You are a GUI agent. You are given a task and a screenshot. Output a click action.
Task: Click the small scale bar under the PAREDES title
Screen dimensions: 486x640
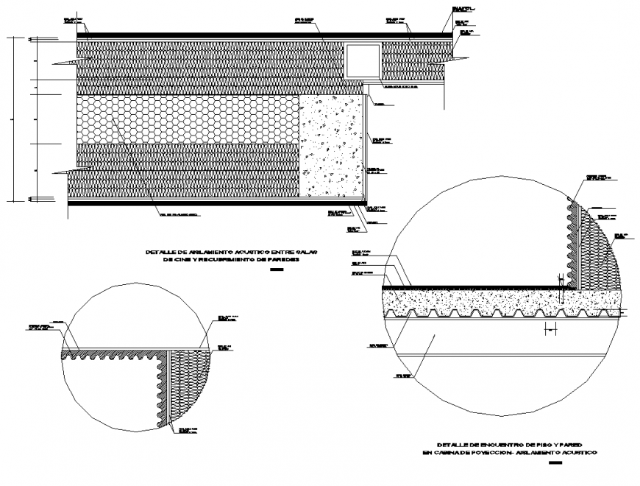pos(277,270)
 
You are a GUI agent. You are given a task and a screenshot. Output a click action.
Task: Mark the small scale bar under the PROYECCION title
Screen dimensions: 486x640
pos(555,463)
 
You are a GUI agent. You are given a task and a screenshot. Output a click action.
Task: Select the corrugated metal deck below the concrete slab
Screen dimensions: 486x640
pos(500,314)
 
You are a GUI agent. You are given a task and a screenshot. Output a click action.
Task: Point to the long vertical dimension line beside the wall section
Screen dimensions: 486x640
pos(14,118)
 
